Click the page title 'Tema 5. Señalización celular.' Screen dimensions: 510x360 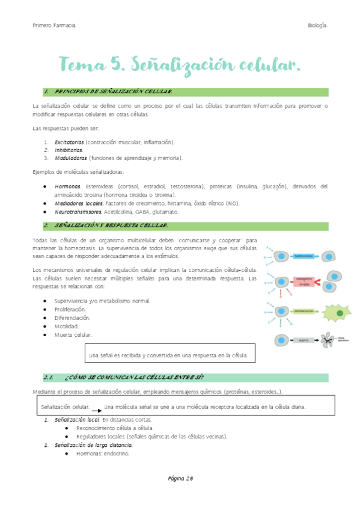[x=178, y=64]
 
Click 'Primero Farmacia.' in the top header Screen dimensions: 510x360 [x=54, y=25]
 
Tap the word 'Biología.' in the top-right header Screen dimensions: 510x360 [x=317, y=25]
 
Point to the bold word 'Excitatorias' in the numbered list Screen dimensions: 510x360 [x=69, y=142]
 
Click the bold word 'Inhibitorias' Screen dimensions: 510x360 [x=69, y=150]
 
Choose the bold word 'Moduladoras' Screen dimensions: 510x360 [x=70, y=158]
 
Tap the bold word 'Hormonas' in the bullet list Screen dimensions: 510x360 [x=67, y=186]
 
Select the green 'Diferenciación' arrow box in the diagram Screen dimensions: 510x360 [x=304, y=312]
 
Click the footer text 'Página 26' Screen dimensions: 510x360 [x=180, y=479]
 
